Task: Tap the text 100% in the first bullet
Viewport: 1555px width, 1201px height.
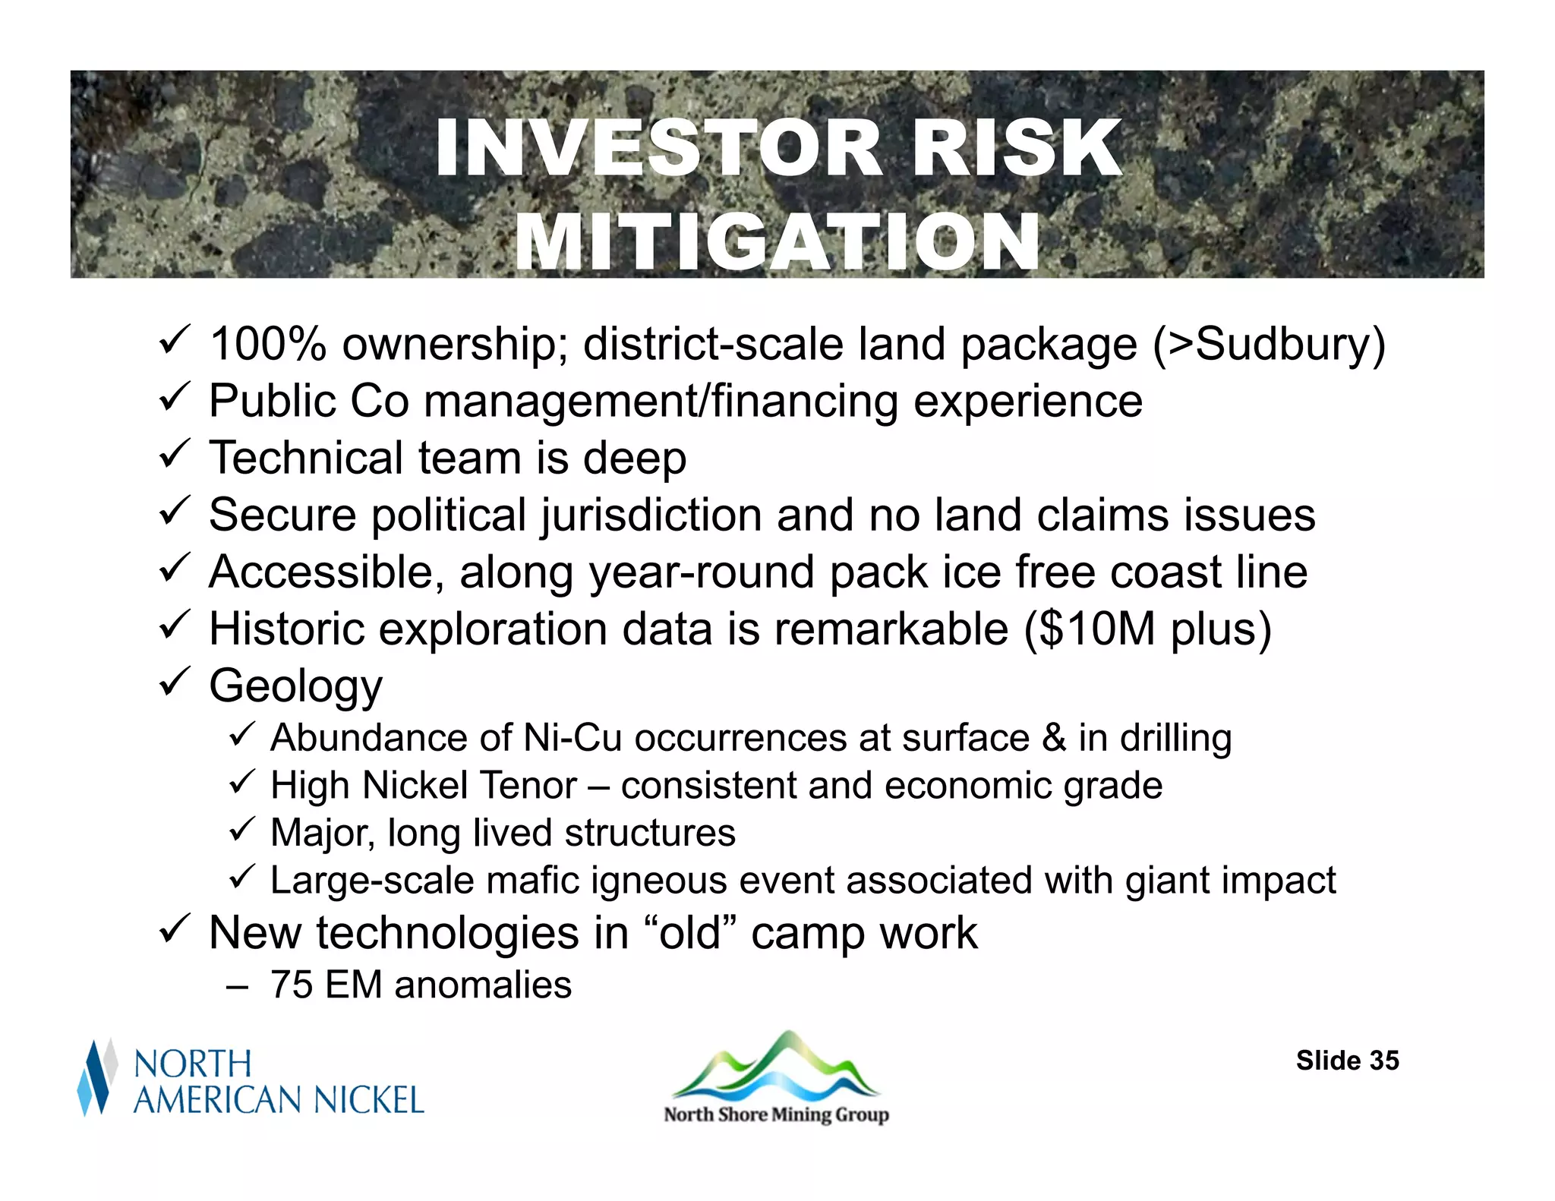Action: [x=267, y=344]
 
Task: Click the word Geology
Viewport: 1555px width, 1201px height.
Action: [x=295, y=686]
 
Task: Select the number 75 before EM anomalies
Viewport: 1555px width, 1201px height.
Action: [x=292, y=985]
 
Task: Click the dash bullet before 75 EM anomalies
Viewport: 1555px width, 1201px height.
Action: [x=237, y=986]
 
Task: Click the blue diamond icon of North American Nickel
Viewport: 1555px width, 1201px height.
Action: [x=96, y=1077]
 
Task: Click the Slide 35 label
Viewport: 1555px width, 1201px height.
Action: [x=1347, y=1061]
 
